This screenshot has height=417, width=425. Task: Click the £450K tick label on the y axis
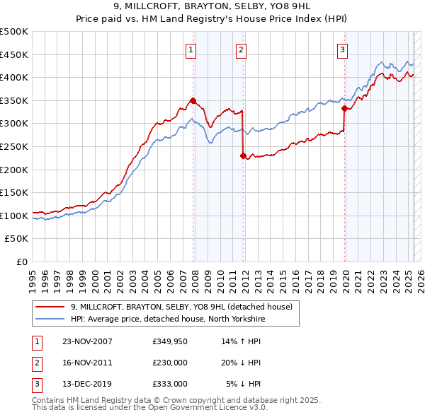pyautogui.click(x=14, y=54)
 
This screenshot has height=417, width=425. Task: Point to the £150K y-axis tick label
pyautogui.click(x=14, y=192)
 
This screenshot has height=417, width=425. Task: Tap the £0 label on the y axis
pyautogui.click(x=21, y=262)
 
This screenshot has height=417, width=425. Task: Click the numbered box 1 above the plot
pyautogui.click(x=192, y=49)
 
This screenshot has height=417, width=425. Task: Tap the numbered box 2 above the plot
pyautogui.click(x=242, y=49)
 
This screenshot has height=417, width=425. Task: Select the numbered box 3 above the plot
pyautogui.click(x=342, y=49)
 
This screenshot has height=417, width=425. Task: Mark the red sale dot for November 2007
pyautogui.click(x=193, y=100)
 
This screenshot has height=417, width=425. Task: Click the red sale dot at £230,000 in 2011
pyautogui.click(x=243, y=155)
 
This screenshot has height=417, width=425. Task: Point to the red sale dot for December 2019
pyautogui.click(x=344, y=108)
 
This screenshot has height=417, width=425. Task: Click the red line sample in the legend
pyautogui.click(x=50, y=307)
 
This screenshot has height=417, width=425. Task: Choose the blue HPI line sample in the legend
pyautogui.click(x=50, y=319)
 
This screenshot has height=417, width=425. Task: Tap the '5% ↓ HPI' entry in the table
pyautogui.click(x=244, y=384)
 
